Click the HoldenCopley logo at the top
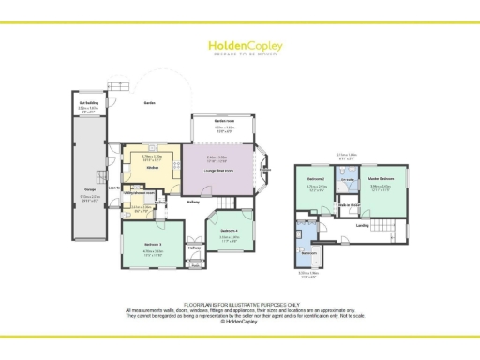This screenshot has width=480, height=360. point(239,45)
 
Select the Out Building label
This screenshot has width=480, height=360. point(89,104)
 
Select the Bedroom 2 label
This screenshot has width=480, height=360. point(315,178)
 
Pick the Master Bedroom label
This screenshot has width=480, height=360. point(380,178)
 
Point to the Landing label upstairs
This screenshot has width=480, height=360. point(362,225)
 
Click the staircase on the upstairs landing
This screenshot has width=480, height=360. point(383,224)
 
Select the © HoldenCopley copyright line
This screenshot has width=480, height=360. point(239,321)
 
